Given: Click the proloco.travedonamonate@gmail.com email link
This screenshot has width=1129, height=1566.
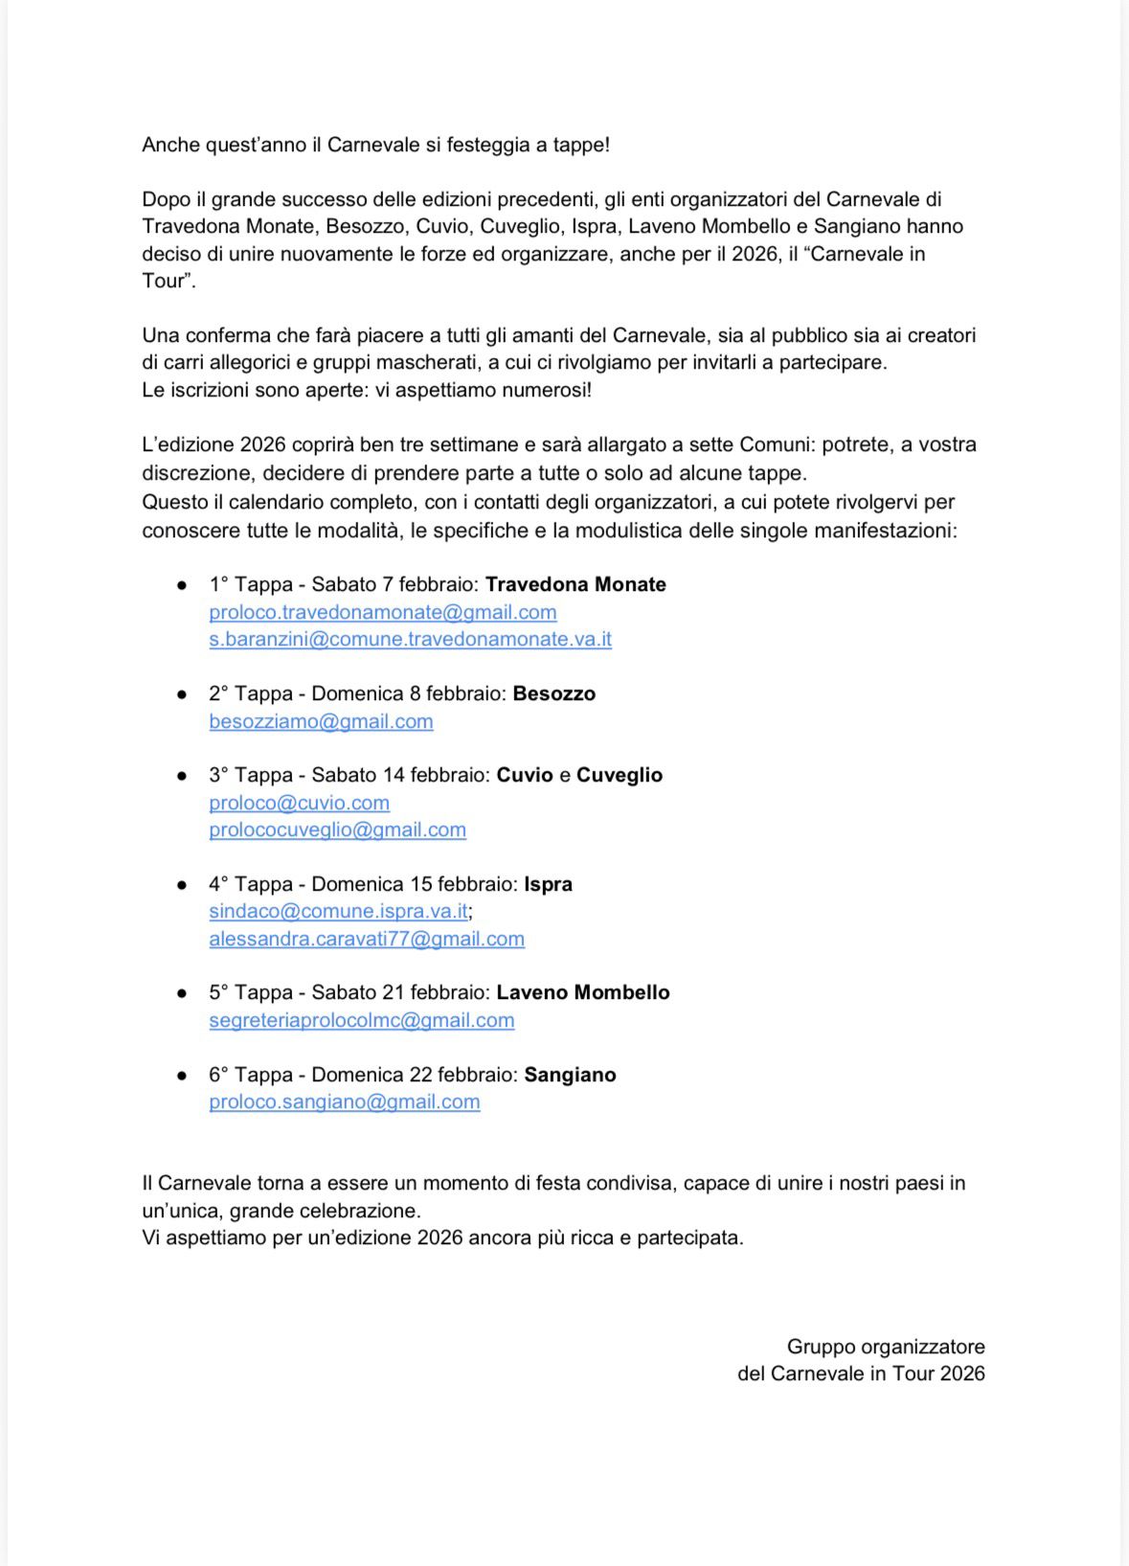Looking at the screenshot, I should tap(382, 612).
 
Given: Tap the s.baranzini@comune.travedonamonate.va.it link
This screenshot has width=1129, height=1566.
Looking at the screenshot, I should tap(410, 639).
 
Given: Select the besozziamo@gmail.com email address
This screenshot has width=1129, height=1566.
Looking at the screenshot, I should tap(321, 721).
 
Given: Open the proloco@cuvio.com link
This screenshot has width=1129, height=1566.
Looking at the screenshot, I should tap(299, 803).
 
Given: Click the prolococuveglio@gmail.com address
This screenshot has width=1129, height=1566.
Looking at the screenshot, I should tap(337, 829).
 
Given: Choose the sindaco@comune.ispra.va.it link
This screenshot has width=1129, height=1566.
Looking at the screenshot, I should tap(338, 911).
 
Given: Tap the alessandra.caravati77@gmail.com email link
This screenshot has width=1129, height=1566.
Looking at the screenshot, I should tap(367, 939).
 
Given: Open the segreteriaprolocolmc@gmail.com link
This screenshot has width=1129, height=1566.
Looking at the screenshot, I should tap(361, 1020).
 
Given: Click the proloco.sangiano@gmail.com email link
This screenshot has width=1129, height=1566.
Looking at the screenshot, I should tap(344, 1101).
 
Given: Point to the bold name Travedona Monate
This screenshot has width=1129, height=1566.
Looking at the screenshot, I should tap(576, 584).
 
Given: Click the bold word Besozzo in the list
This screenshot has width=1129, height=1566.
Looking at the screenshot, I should tap(553, 693).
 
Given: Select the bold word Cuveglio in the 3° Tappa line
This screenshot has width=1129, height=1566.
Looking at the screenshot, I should tap(619, 775).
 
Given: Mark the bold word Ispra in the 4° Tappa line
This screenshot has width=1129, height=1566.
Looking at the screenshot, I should tap(548, 884).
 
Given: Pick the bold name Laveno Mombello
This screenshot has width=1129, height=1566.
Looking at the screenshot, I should tap(582, 992).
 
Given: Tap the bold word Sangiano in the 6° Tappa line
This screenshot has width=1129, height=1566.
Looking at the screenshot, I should tap(570, 1075).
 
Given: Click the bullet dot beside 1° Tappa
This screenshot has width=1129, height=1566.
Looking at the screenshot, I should tap(181, 585).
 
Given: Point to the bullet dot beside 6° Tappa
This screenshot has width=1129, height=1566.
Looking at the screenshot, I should tap(181, 1076).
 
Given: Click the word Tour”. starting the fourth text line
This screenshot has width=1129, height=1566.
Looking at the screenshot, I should tap(169, 281).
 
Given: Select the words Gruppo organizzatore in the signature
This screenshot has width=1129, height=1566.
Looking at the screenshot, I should tap(885, 1347).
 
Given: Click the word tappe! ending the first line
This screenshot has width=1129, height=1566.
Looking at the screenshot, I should tap(580, 145).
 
